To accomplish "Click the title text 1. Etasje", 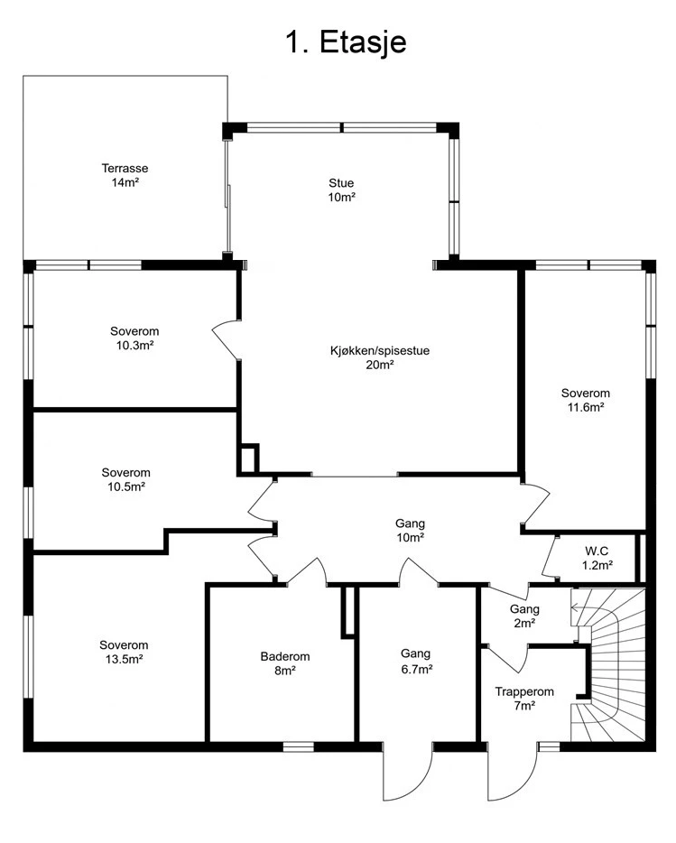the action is coord(346,42).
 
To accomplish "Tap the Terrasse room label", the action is coord(125,168).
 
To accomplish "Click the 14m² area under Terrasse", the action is coord(125,182).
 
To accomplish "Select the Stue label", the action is coord(341,183).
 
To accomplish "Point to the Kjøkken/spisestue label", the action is coord(380,351).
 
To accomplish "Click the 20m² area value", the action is coord(380,365).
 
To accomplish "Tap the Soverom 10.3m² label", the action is coord(134,338).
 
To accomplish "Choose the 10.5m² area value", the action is coord(125,486).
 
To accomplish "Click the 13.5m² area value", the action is coord(124,659).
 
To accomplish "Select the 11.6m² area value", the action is coord(586,407).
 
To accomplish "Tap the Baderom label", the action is coord(285,656).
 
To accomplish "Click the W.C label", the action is coord(597,551).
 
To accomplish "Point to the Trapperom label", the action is coord(524,692).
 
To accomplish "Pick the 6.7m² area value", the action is coord(416,670).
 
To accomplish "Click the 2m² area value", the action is coord(524,623).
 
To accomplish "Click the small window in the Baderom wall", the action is coord(299,746).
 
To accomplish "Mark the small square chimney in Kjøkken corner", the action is coord(249,459).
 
